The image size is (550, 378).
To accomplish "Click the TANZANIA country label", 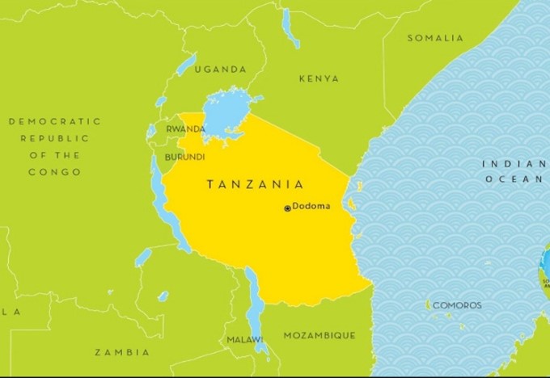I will click(255, 185).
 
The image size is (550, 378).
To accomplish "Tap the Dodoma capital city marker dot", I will click(287, 208).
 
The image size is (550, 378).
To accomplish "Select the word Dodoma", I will click(311, 206).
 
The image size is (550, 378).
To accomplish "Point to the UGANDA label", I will click(220, 69).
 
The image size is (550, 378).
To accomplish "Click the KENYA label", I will click(319, 79).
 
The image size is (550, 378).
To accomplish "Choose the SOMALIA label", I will click(435, 38).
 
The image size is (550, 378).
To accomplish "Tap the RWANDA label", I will click(185, 129).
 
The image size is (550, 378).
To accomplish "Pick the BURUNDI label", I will click(185, 157).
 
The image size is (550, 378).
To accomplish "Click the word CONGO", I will click(55, 172).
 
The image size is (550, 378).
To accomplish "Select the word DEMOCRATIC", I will click(55, 121).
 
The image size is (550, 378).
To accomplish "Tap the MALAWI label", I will click(243, 339).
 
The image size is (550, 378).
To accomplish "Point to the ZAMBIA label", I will click(122, 352).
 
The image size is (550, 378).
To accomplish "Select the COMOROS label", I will click(457, 305).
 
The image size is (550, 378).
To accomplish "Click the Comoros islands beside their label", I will click(427, 306).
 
